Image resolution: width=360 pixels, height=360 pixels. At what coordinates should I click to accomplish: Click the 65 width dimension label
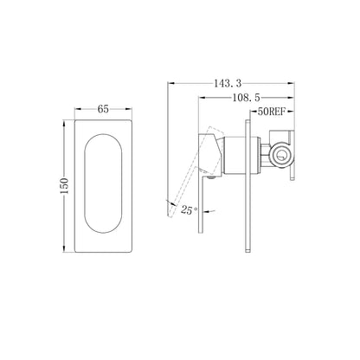103,109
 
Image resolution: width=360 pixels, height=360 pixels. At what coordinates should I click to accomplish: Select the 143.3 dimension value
228,83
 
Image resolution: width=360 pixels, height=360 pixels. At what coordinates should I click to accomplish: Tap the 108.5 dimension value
246,98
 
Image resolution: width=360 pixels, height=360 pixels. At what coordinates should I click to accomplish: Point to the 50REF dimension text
272,112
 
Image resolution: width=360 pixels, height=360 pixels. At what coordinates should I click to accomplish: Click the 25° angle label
190,209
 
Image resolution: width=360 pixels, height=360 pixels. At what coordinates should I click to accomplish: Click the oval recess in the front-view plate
103,183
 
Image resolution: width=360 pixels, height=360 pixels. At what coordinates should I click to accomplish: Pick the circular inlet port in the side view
282,155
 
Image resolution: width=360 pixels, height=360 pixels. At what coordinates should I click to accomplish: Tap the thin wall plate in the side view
247,187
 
